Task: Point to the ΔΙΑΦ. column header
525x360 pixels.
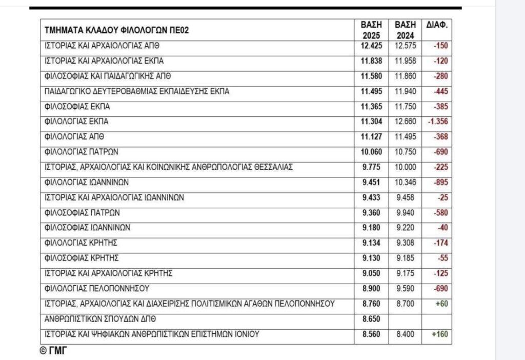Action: (437, 25)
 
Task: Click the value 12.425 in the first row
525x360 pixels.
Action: (372, 46)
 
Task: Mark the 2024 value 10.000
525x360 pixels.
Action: (405, 167)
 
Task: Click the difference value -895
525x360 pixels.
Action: (441, 182)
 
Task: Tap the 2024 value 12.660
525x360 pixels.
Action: (405, 122)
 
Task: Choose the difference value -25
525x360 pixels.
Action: (443, 197)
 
